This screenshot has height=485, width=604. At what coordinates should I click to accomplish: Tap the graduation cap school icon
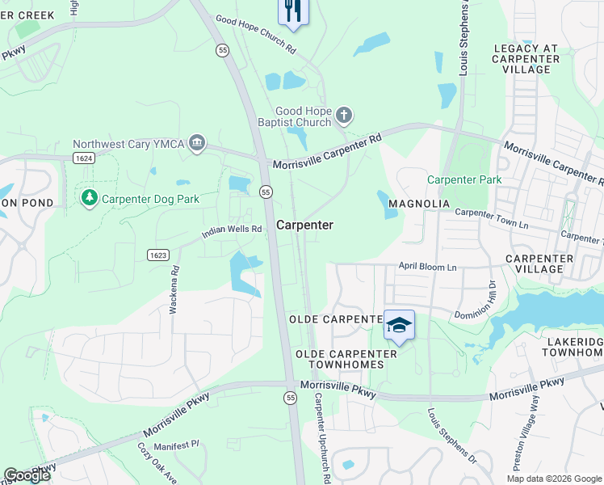[x=399, y=325]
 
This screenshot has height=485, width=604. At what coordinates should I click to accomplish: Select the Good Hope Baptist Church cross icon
[x=344, y=115]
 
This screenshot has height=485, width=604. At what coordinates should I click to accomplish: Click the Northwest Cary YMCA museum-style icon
[x=196, y=144]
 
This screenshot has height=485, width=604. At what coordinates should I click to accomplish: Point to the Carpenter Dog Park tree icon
[x=89, y=197]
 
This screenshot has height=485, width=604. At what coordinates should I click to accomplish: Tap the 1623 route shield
[x=158, y=255]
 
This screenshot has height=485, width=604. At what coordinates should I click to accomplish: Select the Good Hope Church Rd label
[x=256, y=35]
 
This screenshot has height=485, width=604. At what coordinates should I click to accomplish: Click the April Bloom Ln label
[x=427, y=267]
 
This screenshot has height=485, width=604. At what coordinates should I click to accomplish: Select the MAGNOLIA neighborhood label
[x=418, y=203]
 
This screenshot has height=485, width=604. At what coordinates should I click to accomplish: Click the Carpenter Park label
[x=464, y=179]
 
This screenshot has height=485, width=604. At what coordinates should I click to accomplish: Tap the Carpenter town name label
[x=304, y=226]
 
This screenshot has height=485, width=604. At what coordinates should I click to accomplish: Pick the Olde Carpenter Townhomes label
[x=346, y=360]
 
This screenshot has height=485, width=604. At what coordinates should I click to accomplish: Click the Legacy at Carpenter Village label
[x=526, y=59]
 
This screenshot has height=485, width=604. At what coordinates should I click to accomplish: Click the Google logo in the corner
[x=27, y=475]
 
